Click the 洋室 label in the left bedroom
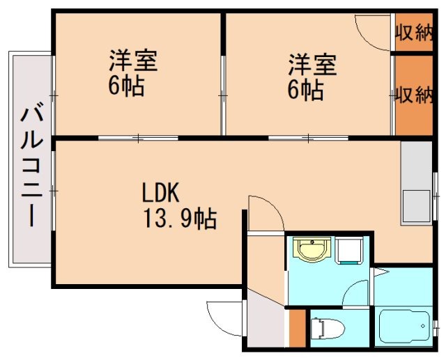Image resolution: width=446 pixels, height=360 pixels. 132,61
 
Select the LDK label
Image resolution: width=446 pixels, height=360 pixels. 162,192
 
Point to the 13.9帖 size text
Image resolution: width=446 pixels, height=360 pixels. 179,219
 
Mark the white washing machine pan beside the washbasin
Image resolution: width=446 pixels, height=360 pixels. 348,251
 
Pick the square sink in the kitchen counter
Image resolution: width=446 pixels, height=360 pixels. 416,205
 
